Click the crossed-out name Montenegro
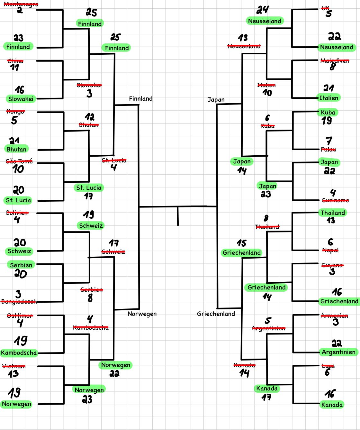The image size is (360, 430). [x=21, y=4]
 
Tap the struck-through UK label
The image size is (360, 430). [x=325, y=8]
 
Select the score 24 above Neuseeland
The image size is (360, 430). [x=263, y=10]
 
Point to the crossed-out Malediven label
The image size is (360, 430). [x=335, y=60]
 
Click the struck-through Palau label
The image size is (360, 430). [x=328, y=149]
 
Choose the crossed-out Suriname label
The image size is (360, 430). [x=335, y=200]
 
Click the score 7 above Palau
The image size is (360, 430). [x=328, y=141]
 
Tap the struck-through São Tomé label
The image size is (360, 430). [x=19, y=161]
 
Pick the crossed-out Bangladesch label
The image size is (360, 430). [x=19, y=301]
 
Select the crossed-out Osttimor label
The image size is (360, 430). [x=20, y=316]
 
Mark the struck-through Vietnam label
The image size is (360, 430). [x=14, y=366]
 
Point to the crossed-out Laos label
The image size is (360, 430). [x=328, y=366]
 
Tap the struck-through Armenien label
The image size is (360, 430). [x=334, y=316]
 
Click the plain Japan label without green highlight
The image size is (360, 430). [x=216, y=100]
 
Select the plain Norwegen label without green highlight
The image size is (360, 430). [x=142, y=314]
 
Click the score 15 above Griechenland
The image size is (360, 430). [x=242, y=243]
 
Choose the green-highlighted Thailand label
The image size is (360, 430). [x=333, y=213]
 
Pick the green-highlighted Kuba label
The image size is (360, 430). [x=328, y=112]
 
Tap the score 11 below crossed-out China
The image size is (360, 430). [x=14, y=68]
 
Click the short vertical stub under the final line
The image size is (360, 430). [x=178, y=216]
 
